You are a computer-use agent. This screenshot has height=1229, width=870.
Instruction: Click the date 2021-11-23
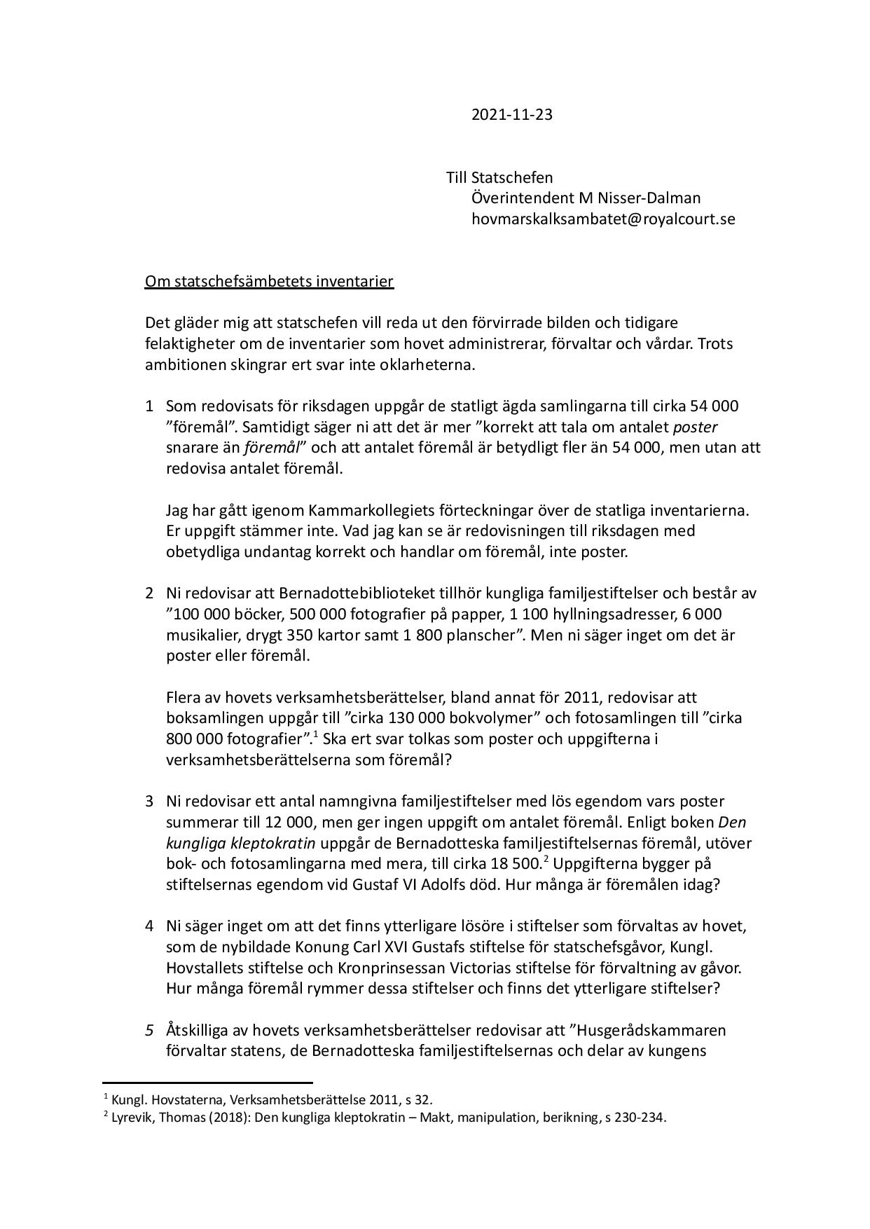click(511, 115)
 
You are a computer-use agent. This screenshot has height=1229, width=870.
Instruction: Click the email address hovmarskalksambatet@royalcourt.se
click(603, 219)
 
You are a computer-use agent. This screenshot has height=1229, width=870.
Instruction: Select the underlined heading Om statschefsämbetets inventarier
click(269, 282)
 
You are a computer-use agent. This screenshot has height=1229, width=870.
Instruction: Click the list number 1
click(149, 406)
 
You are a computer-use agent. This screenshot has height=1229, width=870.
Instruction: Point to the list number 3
click(149, 801)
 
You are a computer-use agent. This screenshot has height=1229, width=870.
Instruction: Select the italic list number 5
click(149, 1031)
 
